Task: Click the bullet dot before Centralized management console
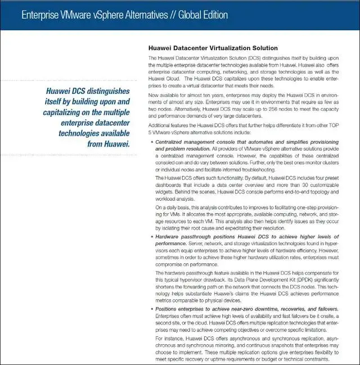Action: pyautogui.click(x=151, y=143)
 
